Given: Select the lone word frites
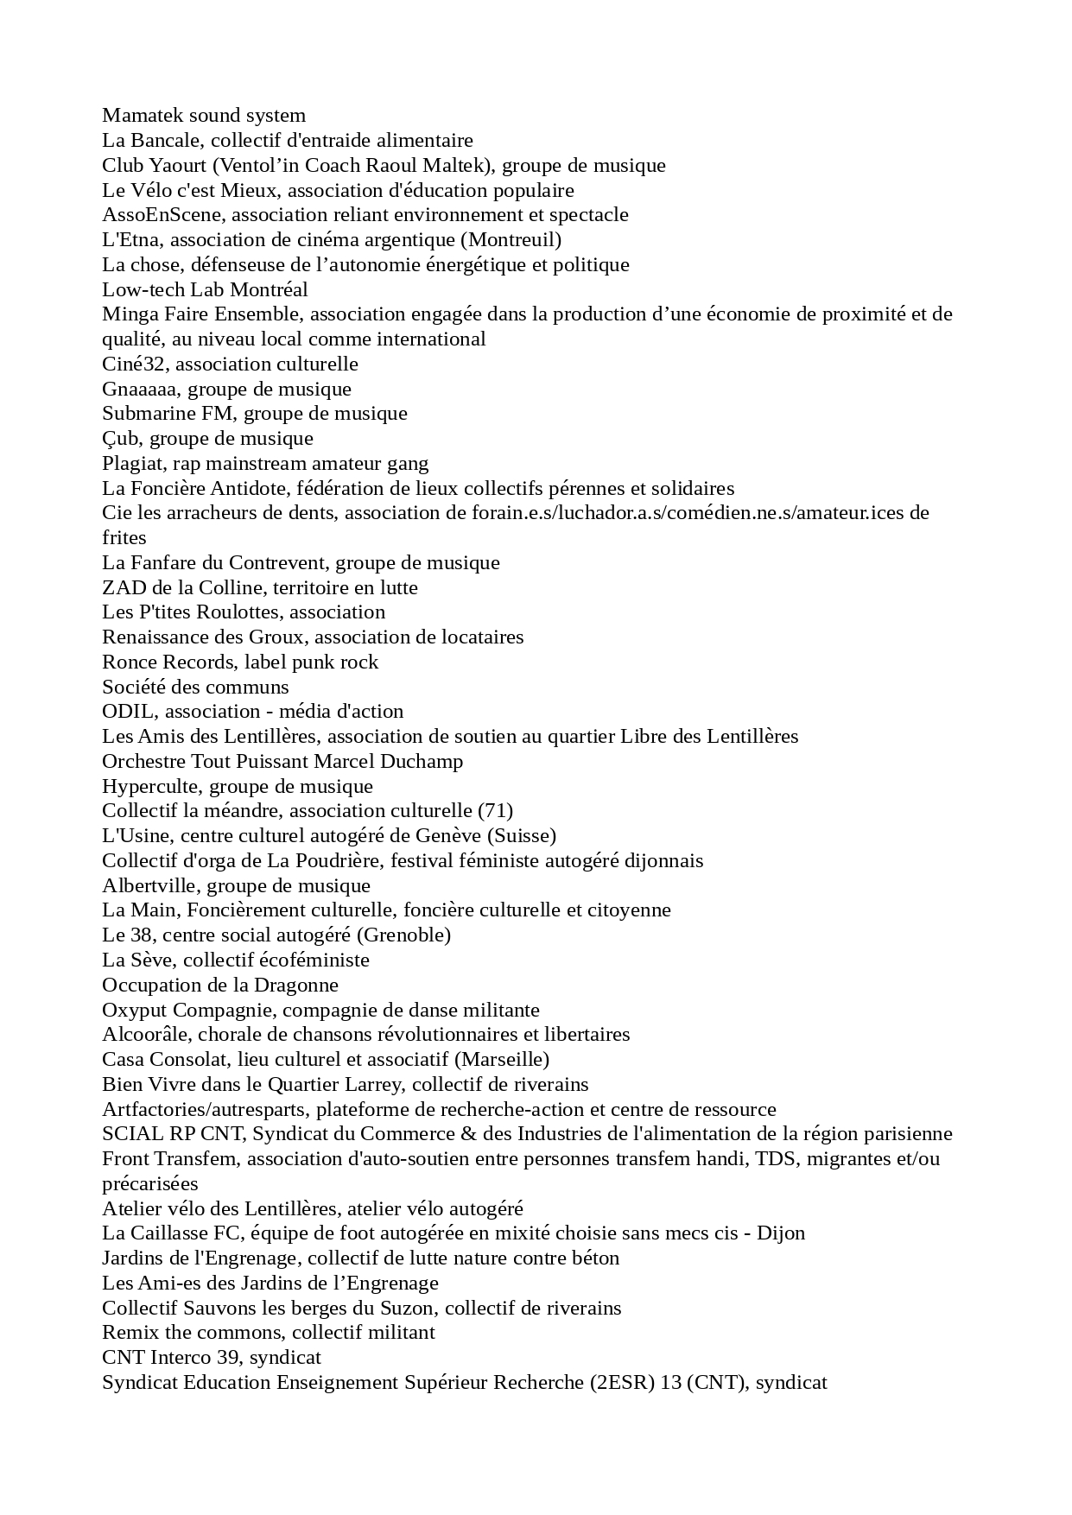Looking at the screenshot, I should (x=124, y=537).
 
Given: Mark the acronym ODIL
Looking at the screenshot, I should (x=130, y=712).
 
